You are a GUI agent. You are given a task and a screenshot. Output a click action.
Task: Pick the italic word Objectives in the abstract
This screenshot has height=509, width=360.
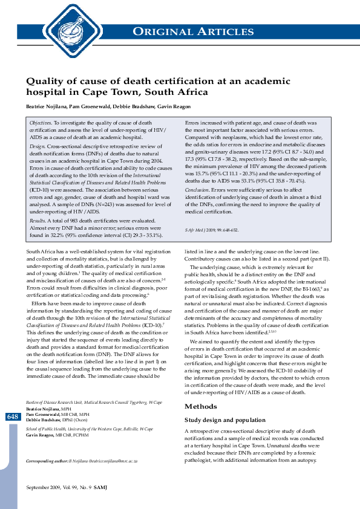coord(41,123)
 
